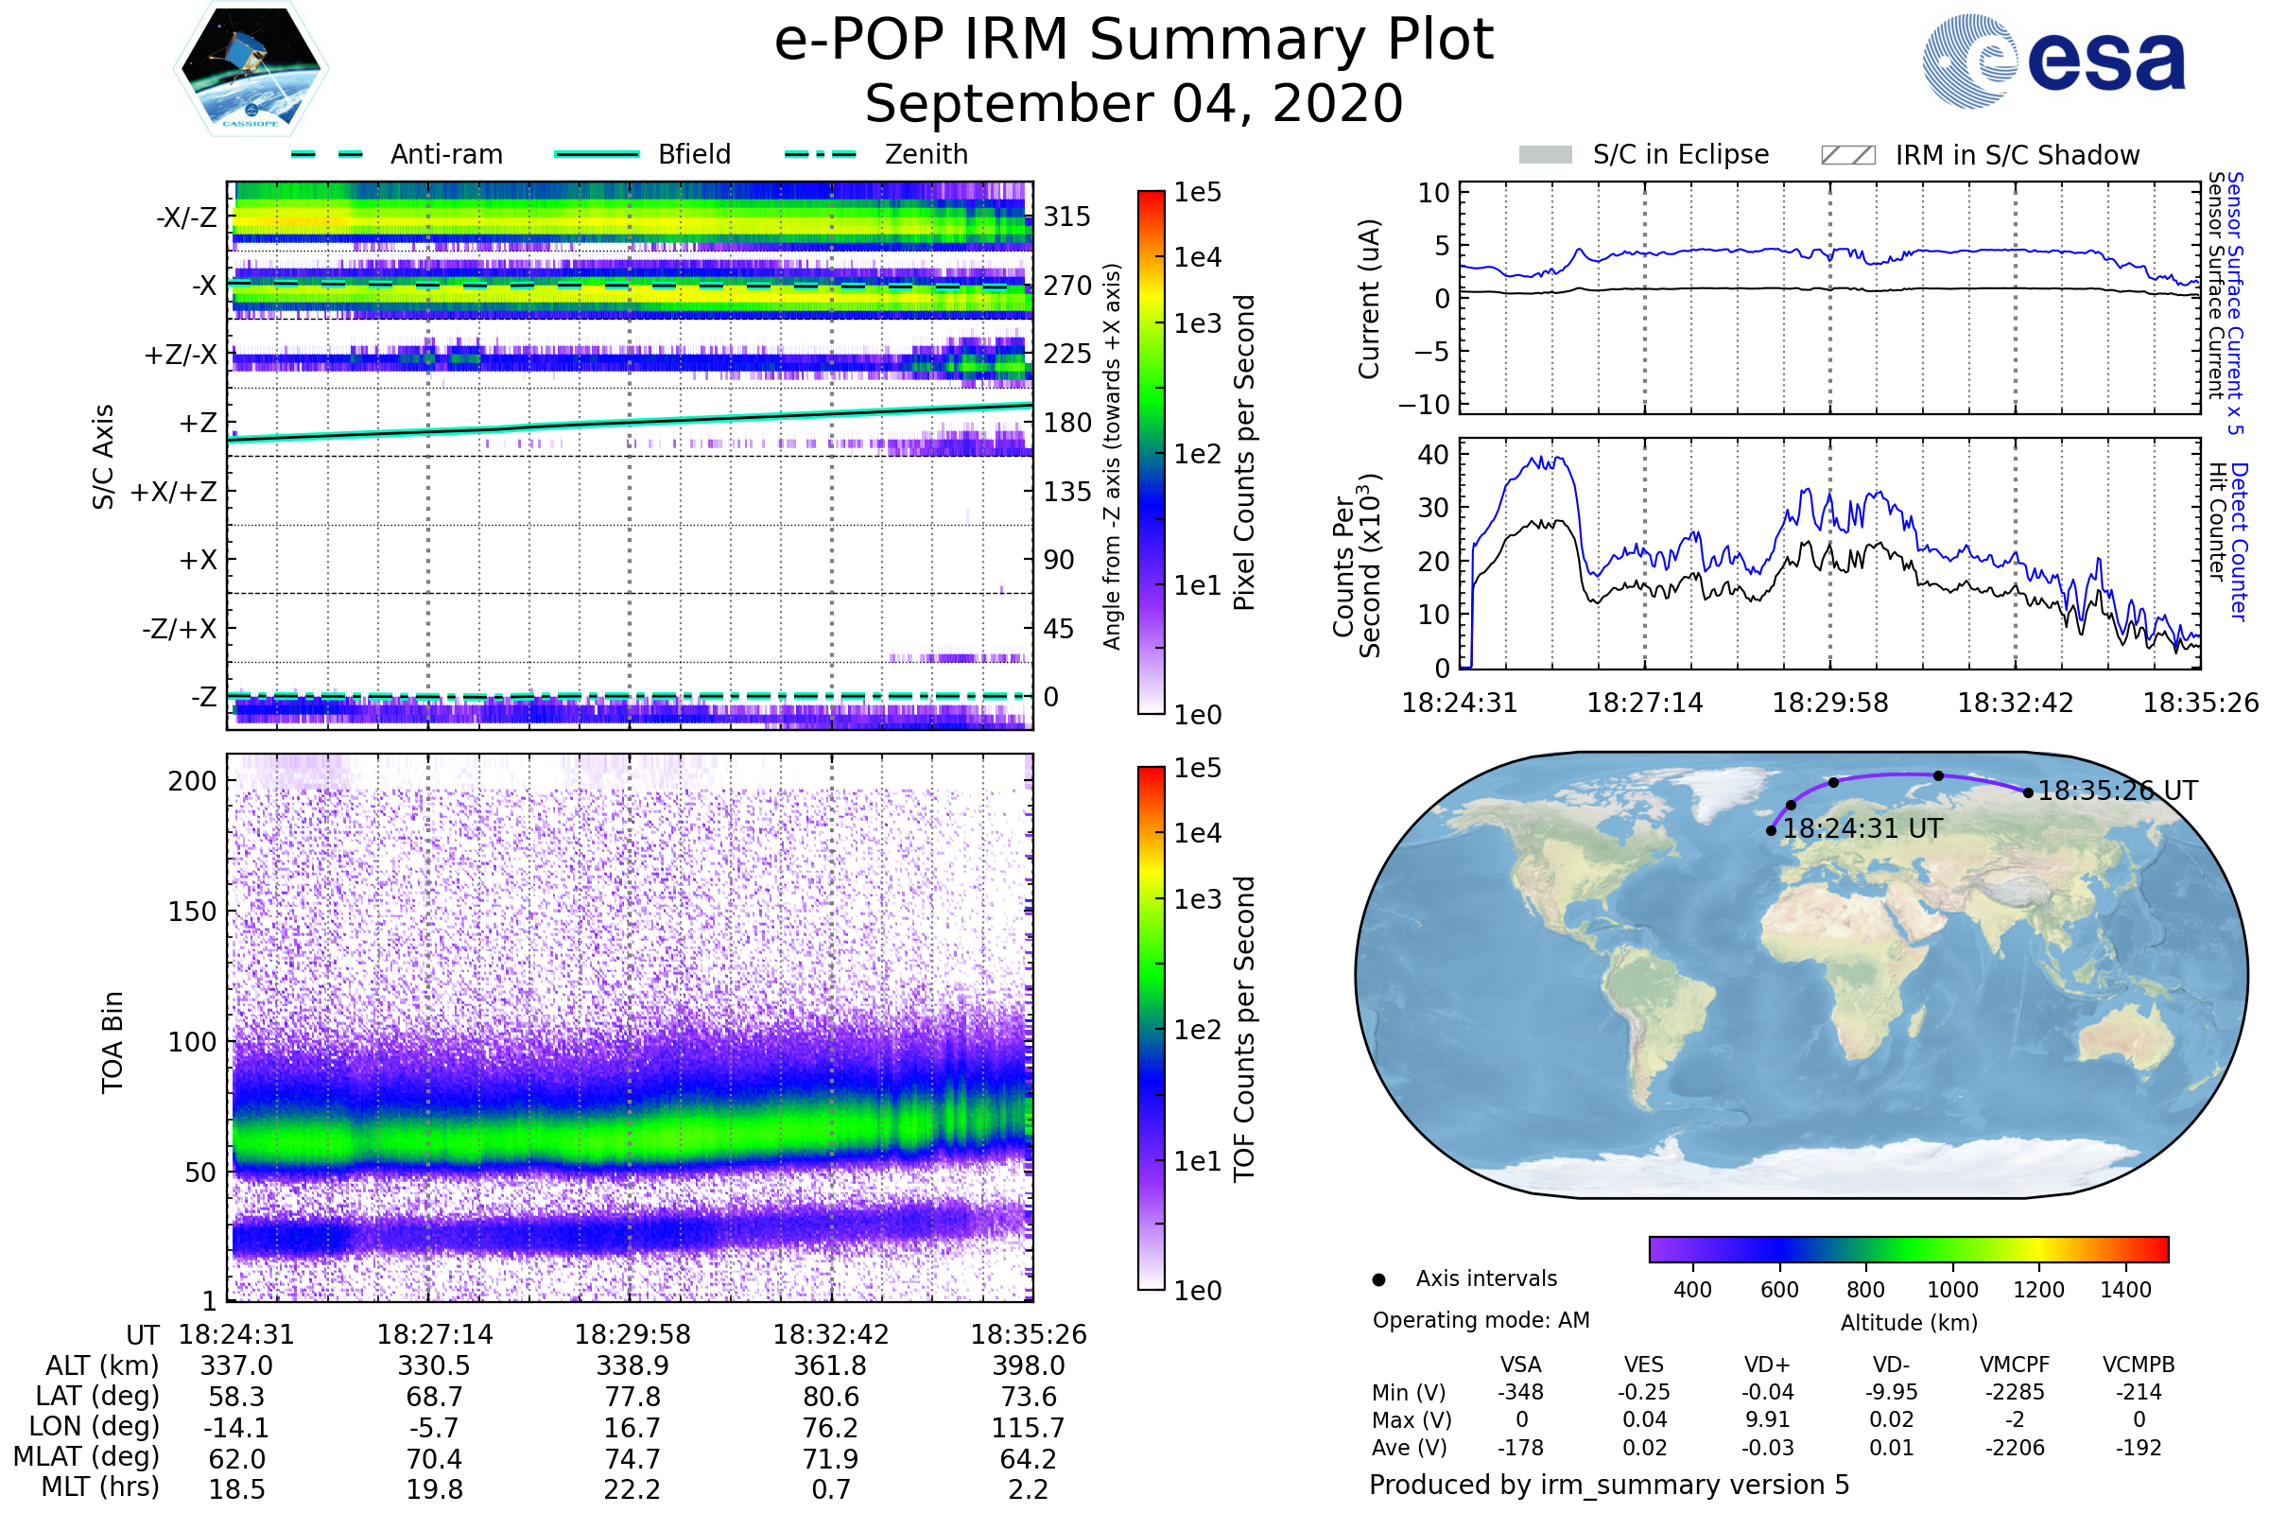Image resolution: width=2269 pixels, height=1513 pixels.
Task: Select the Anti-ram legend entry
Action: [x=445, y=154]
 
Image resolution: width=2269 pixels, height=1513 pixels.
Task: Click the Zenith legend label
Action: [x=926, y=154]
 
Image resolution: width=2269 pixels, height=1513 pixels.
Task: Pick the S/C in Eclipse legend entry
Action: [x=1680, y=154]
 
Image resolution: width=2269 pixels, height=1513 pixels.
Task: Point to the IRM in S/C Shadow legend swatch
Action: [x=1846, y=155]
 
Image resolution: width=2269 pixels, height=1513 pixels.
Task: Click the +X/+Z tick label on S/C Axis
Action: [x=174, y=492]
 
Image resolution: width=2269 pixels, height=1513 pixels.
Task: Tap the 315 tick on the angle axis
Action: [x=1066, y=217]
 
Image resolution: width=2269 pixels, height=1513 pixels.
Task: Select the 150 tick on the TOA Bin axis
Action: [x=192, y=912]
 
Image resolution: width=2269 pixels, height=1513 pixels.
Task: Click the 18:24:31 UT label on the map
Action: [x=1862, y=829]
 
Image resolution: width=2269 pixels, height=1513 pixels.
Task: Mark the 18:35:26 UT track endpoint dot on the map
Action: [x=2028, y=793]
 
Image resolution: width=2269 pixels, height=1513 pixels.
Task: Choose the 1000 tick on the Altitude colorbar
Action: [x=1951, y=1290]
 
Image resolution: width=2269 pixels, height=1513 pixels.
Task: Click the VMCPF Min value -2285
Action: [x=2015, y=1392]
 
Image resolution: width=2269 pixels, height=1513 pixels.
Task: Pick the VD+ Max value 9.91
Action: [x=1767, y=1420]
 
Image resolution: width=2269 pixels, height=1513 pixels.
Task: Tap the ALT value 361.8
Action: [x=830, y=1366]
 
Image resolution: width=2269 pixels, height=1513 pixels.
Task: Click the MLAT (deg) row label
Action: [x=87, y=1457]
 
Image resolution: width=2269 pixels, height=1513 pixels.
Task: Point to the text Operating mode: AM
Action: [x=1481, y=1320]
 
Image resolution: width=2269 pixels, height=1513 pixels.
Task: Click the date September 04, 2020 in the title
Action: [x=1134, y=103]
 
